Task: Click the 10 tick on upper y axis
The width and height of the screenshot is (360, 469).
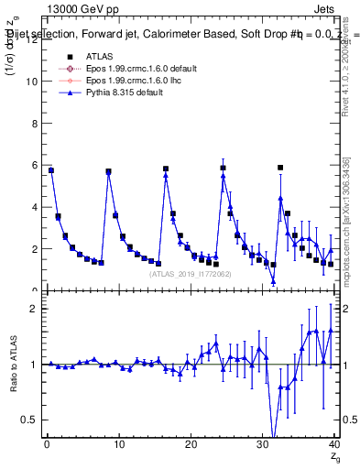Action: point(34,82)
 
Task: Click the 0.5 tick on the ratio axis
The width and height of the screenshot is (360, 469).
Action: point(33,420)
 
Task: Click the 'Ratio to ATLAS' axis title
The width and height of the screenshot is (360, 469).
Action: point(13,365)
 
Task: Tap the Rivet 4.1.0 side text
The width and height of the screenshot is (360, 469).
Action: point(346,82)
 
